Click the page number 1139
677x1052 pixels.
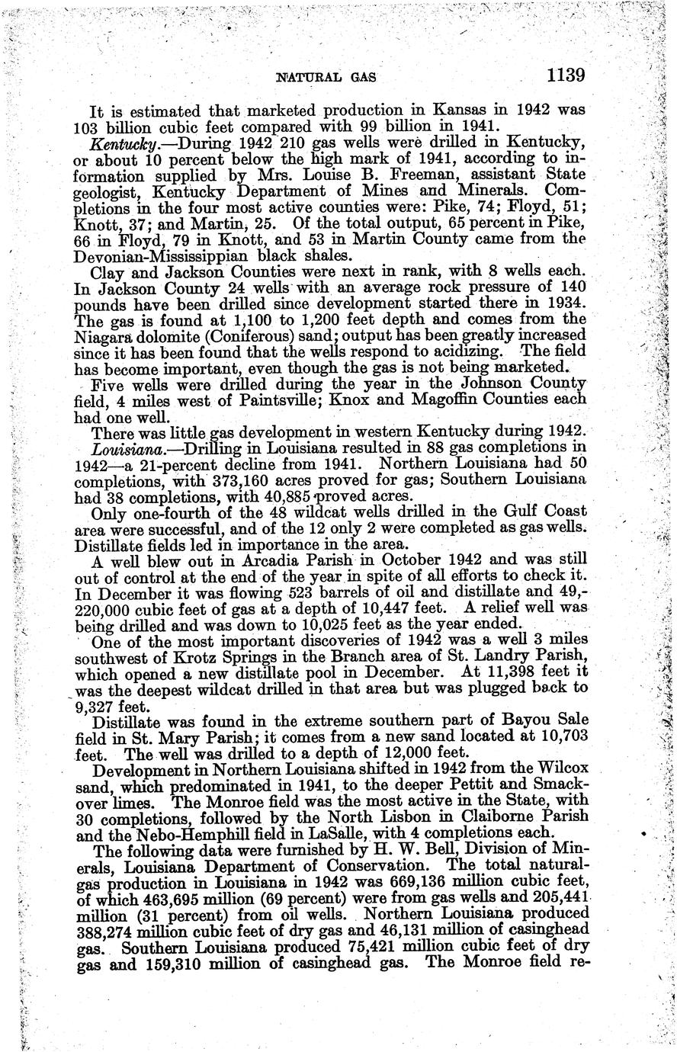564,75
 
